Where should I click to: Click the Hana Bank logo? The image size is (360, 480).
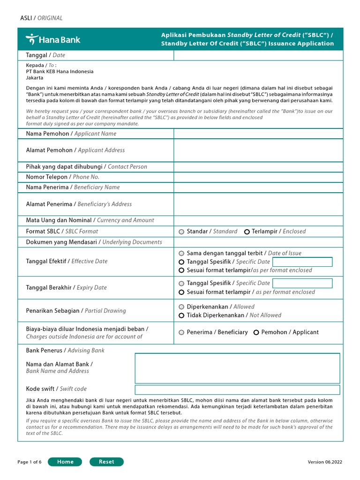coord(52,39)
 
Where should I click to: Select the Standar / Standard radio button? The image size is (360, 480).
coord(181,232)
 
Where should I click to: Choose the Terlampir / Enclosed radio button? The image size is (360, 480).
coord(247,232)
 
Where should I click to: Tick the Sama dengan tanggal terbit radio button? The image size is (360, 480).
coord(181,253)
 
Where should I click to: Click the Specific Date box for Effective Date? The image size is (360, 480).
coord(302,262)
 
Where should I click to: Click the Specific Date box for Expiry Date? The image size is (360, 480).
coord(302,283)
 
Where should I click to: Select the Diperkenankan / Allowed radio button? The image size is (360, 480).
coord(181,307)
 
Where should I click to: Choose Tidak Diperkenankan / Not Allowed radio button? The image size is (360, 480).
coord(181,315)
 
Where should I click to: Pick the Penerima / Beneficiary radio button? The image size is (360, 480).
coord(181,332)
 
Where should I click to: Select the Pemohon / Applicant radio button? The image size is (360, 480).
coord(256,332)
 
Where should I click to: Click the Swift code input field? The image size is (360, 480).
coord(237,390)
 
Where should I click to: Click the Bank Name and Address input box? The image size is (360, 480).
coord(237,368)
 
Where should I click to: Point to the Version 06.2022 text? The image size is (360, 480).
coord(325,462)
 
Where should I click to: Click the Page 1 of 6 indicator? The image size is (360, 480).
coord(30,462)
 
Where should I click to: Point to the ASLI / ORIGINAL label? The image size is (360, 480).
coord(41,18)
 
